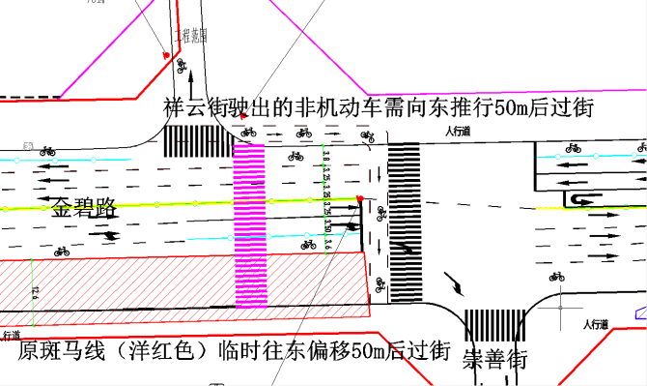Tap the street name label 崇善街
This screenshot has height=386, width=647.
pos(494,359)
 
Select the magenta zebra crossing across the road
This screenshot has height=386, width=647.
pos(251,224)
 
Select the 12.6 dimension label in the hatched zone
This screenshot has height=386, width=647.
pos(34,291)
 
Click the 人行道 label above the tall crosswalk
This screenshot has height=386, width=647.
pos(458,132)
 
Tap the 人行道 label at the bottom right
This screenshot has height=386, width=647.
pos(583,325)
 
